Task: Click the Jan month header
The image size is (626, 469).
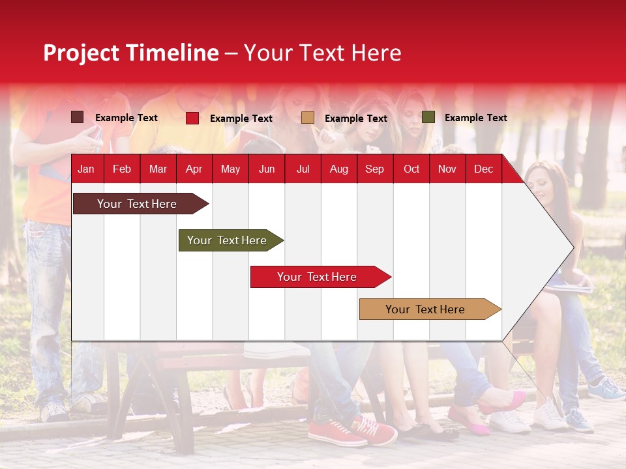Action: (86, 169)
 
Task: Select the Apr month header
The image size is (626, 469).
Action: (194, 169)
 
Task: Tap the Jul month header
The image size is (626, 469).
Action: (303, 169)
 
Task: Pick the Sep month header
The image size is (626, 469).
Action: (374, 169)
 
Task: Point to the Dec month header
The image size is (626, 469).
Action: (483, 169)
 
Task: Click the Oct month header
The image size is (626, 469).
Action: (411, 169)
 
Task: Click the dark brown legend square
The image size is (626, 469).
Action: (78, 117)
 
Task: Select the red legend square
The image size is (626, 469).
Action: (192, 118)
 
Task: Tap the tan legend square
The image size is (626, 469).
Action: (308, 118)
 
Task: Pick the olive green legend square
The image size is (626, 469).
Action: (428, 117)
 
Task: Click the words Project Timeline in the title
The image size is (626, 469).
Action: (130, 53)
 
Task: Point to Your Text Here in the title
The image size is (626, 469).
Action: (322, 53)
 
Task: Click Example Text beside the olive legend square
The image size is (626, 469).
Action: (475, 118)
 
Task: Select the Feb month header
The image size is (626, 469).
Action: (122, 169)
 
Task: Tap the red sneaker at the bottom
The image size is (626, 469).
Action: (336, 432)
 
